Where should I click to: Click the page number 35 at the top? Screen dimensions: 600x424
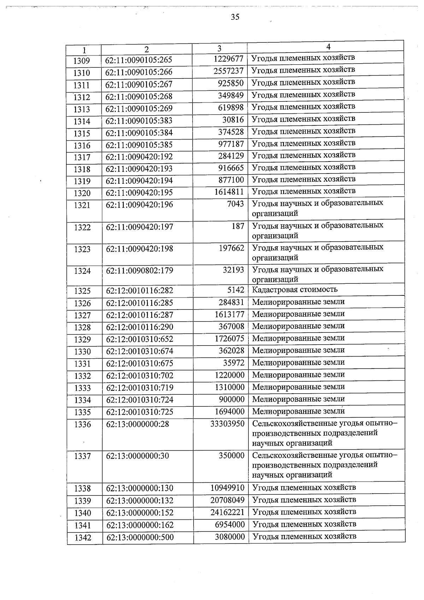click(x=235, y=17)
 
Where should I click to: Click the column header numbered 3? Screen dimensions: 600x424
click(x=219, y=48)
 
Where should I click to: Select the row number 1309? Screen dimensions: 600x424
click(x=82, y=61)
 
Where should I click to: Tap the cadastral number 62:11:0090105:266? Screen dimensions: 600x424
click(x=139, y=72)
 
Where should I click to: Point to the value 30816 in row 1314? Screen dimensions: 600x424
click(x=233, y=119)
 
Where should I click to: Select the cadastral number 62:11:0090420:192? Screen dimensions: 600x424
click(x=139, y=157)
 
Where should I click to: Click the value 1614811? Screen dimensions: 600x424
click(x=229, y=192)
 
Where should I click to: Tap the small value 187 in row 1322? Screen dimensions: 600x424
click(x=238, y=226)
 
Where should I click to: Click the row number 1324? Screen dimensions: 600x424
click(x=82, y=271)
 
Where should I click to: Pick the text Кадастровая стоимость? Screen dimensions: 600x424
click(x=295, y=290)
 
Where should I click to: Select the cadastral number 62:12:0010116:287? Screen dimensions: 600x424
click(x=140, y=315)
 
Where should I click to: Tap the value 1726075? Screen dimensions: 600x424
click(x=229, y=339)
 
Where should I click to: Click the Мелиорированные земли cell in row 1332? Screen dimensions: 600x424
click(x=298, y=375)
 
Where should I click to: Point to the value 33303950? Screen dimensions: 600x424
click(x=227, y=423)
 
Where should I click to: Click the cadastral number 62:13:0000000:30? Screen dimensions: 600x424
click(x=137, y=456)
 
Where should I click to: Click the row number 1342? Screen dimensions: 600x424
click(x=83, y=537)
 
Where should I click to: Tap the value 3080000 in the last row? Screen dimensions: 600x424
click(x=230, y=537)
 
